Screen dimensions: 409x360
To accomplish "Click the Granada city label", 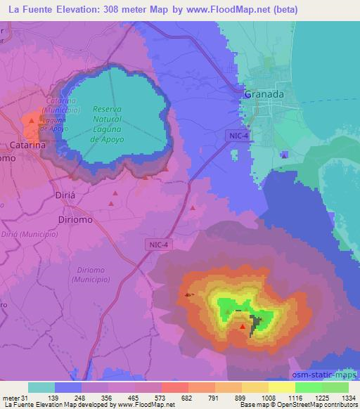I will pyautogui.click(x=264, y=94).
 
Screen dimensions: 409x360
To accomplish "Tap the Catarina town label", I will pyautogui.click(x=28, y=145).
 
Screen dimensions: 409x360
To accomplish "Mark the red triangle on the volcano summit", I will pyautogui.click(x=243, y=326).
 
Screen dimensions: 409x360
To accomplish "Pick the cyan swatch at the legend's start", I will pyautogui.click(x=41, y=387).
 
